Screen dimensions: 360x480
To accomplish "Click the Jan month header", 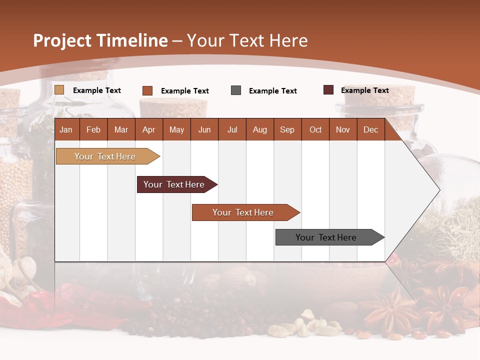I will point(66,130).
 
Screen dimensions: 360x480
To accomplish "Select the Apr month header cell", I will point(148,130).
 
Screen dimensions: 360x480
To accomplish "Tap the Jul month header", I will point(232,130).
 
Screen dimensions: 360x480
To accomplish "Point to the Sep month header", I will point(287,130).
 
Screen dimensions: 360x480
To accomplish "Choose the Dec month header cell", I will point(370,130).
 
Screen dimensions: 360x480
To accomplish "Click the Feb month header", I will point(93,130).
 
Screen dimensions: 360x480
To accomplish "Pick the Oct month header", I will point(315,130).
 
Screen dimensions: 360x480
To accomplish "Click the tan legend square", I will point(59,90).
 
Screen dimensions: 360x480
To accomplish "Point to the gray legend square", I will point(236,90).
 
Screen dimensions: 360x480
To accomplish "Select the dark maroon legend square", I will point(328,90).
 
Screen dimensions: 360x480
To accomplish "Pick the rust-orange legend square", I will point(147,90).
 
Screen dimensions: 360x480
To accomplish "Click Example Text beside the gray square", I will point(272,91).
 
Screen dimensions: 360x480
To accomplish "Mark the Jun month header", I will point(204,130).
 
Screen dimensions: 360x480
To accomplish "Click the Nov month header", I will point(343,130).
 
